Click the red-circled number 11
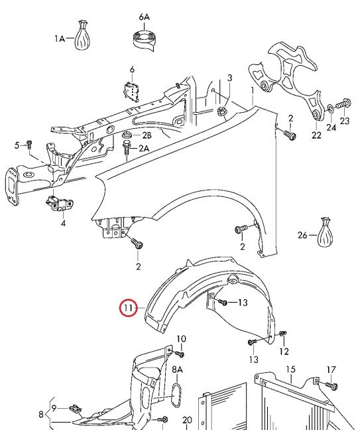coord(128,308)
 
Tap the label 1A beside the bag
coord(60,38)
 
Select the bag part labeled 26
coord(325,232)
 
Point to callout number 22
coord(316,135)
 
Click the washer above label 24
coord(331,109)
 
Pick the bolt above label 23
coord(343,104)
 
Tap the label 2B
coord(147,135)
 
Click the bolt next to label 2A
coord(127,147)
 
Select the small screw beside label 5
coord(29,143)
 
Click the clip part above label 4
coord(59,202)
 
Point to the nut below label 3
coord(221,111)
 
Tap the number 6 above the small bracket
coord(133,70)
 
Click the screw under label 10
coord(180,354)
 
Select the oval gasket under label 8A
coord(177,395)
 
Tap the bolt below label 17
coord(331,386)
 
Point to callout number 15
coord(290,369)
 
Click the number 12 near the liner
coord(284,351)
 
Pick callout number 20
coord(188,420)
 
